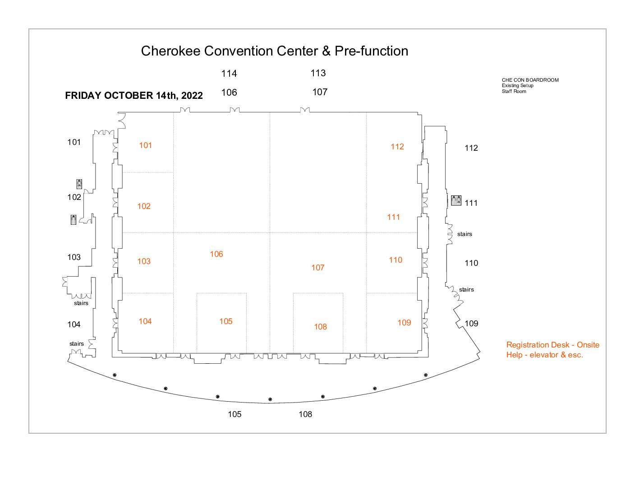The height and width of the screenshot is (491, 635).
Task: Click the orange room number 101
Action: click(x=145, y=145)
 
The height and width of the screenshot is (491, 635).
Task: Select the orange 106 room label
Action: click(x=216, y=254)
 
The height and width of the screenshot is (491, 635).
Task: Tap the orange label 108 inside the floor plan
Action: click(x=320, y=327)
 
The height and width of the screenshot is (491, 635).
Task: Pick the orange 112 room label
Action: click(x=397, y=147)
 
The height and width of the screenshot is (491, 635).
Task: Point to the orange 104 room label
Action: click(x=145, y=321)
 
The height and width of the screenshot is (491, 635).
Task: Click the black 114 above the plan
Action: click(x=229, y=74)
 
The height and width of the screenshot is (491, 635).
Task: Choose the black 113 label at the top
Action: click(x=318, y=73)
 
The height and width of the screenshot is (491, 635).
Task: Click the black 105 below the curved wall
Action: click(x=235, y=414)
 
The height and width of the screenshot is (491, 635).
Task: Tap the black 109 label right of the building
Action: click(x=471, y=324)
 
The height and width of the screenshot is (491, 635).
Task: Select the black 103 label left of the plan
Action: click(x=74, y=257)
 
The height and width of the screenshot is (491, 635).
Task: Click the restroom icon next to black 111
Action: click(x=456, y=200)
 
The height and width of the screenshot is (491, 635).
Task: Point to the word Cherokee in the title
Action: click(x=170, y=51)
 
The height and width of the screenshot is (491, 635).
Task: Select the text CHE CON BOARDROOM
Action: click(x=530, y=80)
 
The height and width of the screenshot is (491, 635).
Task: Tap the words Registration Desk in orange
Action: click(x=538, y=345)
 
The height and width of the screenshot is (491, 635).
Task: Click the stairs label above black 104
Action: click(x=81, y=303)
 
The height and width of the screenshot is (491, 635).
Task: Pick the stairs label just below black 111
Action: click(x=465, y=234)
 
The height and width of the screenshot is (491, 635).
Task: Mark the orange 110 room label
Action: click(x=396, y=259)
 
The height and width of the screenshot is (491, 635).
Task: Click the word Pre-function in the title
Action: click(x=372, y=51)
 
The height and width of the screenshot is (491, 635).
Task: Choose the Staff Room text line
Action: click(x=514, y=91)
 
